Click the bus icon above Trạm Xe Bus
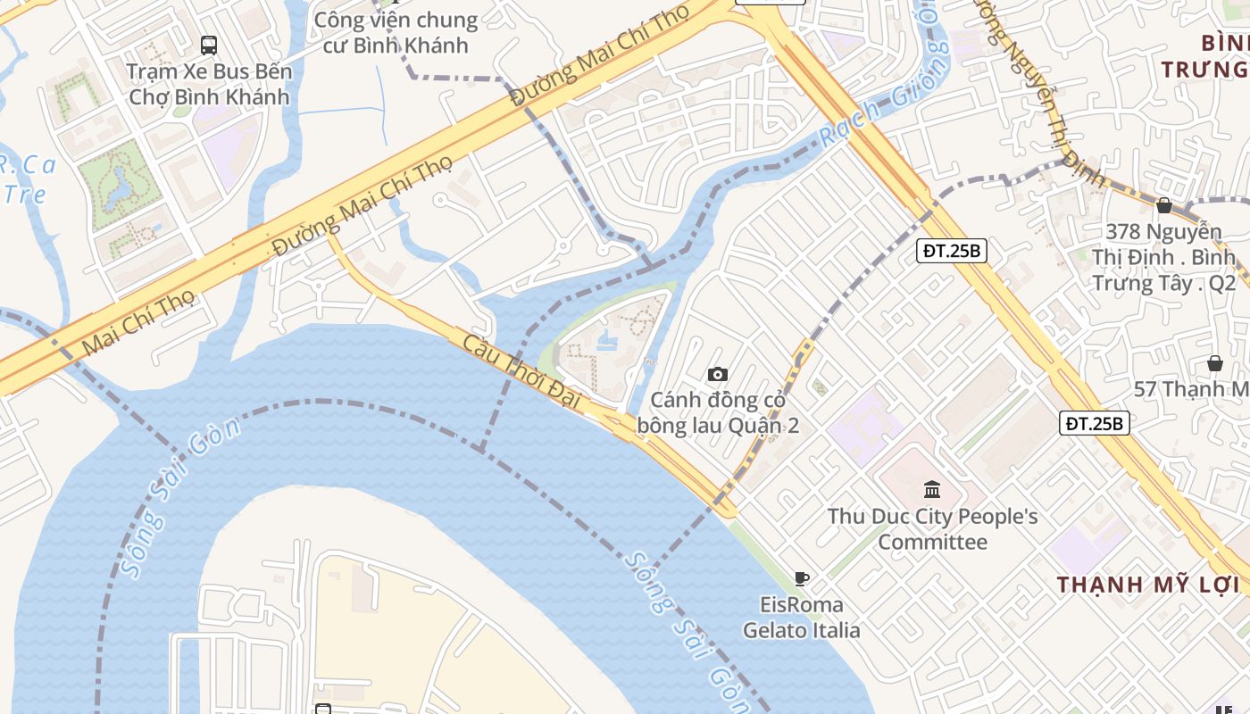coord(209,45)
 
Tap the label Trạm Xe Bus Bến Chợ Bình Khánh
coord(209,84)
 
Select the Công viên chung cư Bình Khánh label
coord(396,33)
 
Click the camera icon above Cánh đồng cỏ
coord(717,374)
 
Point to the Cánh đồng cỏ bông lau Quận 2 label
coord(718,413)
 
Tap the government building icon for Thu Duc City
coord(932,489)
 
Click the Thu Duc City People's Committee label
coord(932,529)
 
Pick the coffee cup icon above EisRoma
coord(802,578)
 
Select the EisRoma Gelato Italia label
coord(802,618)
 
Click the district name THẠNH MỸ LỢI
coord(1149,585)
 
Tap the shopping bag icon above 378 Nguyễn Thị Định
coord(1163,205)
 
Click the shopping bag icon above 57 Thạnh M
coord(1214,363)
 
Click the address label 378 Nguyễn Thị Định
coord(1163,257)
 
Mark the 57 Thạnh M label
coord(1191,389)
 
